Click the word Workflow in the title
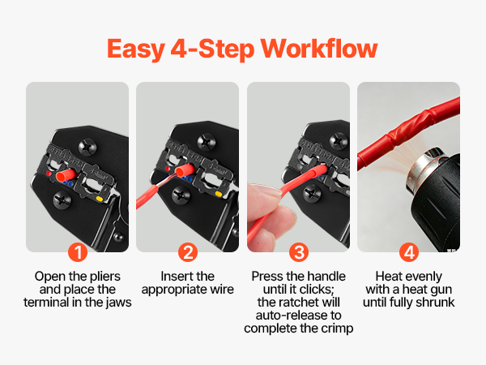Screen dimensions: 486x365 click(x=319, y=49)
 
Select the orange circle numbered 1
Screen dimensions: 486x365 click(x=78, y=252)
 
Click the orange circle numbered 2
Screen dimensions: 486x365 click(x=188, y=252)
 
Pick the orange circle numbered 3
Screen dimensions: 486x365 click(x=299, y=252)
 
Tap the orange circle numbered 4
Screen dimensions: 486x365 click(x=409, y=252)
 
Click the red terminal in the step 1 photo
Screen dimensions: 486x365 click(x=66, y=175)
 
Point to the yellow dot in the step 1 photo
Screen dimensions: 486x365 click(x=99, y=199)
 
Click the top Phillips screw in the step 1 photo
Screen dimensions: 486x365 click(x=87, y=147)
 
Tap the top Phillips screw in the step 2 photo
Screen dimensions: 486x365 click(x=207, y=142)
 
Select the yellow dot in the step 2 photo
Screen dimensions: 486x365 click(x=219, y=195)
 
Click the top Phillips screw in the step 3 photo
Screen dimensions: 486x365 click(x=338, y=140)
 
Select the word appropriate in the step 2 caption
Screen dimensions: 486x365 click(x=174, y=290)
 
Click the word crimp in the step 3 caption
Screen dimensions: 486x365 click(x=337, y=329)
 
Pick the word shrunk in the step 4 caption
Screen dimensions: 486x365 click(x=435, y=303)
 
